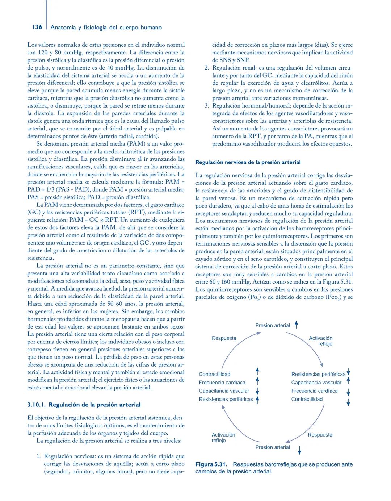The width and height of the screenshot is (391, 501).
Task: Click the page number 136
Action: (x=37, y=27)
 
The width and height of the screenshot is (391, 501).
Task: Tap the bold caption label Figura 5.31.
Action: (x=211, y=464)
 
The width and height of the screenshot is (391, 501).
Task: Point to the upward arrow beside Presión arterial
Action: (x=296, y=325)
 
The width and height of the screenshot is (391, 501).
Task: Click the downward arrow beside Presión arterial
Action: (x=299, y=450)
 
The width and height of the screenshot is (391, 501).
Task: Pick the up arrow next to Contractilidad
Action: (x=257, y=371)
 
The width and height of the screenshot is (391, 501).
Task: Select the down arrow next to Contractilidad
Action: (x=348, y=402)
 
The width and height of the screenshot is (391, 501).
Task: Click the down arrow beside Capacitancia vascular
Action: (x=257, y=391)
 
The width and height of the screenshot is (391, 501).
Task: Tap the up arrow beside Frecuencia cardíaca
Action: (x=257, y=381)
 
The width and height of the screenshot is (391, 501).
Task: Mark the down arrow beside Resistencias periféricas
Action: (x=348, y=372)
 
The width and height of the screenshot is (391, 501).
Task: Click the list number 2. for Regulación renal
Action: (x=207, y=68)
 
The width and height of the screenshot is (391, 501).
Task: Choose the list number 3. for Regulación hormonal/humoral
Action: (x=207, y=106)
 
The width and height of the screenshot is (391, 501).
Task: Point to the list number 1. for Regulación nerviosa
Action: (x=39, y=456)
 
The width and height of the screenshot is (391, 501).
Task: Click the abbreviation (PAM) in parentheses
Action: (x=133, y=144)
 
